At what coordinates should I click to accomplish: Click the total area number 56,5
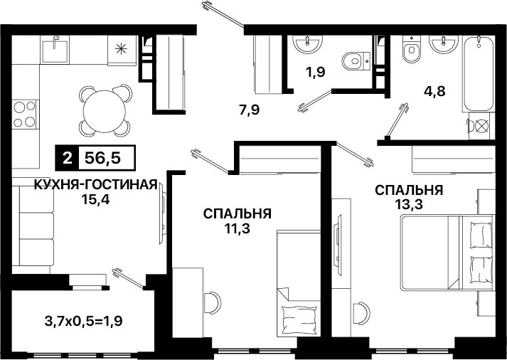click(x=102, y=158)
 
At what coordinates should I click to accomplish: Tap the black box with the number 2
click(x=67, y=158)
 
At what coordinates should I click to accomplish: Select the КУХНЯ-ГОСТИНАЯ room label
click(x=96, y=186)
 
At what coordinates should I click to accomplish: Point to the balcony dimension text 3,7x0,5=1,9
click(x=83, y=322)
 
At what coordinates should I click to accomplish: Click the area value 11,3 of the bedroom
click(x=237, y=228)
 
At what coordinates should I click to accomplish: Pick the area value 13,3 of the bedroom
click(x=409, y=204)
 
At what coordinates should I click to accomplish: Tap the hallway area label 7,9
click(x=250, y=111)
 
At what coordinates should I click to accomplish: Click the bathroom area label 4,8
click(x=434, y=91)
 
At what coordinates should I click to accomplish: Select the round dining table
click(x=104, y=111)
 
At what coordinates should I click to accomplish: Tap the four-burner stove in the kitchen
click(x=25, y=114)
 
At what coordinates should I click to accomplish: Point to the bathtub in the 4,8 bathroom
click(x=479, y=73)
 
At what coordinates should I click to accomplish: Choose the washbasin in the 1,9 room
click(x=307, y=43)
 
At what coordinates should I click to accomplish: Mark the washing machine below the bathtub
click(x=479, y=126)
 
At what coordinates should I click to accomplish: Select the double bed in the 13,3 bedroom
click(x=447, y=253)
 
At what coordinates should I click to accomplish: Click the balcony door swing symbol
click(x=129, y=278)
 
